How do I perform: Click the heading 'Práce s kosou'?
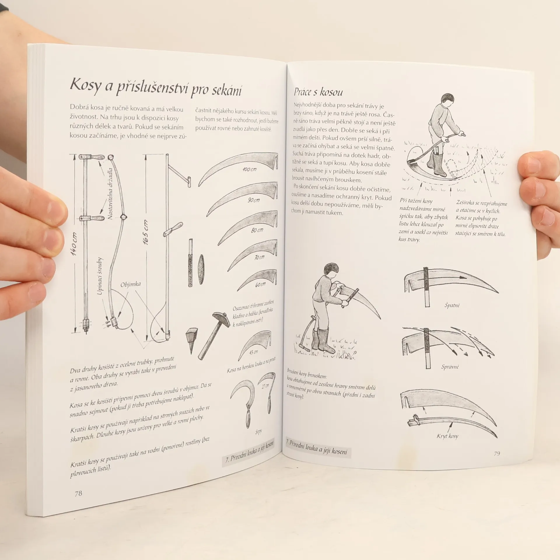click(x=318, y=92)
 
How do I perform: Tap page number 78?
click(x=78, y=494)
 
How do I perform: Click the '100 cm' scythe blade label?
click(x=249, y=169)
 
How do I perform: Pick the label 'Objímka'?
click(x=131, y=284)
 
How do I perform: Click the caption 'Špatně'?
click(x=452, y=305)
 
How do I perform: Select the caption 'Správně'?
click(x=450, y=367)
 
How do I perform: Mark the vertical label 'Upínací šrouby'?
click(x=100, y=276)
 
